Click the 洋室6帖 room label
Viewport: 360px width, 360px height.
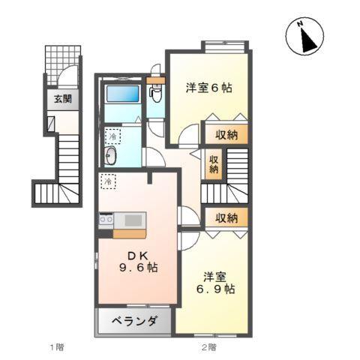209,88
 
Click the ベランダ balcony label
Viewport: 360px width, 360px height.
136,322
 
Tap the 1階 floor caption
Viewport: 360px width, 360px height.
56,346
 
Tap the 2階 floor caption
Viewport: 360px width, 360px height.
208,346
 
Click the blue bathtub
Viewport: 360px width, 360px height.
122,94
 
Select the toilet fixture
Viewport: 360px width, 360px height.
155,93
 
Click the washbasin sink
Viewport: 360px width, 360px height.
112,156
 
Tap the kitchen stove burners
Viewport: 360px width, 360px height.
106,220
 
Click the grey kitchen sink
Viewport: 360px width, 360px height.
132,220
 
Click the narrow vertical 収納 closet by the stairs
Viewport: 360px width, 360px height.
214,164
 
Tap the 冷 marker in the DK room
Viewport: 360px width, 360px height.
109,181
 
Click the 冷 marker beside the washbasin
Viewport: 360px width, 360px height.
112,136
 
